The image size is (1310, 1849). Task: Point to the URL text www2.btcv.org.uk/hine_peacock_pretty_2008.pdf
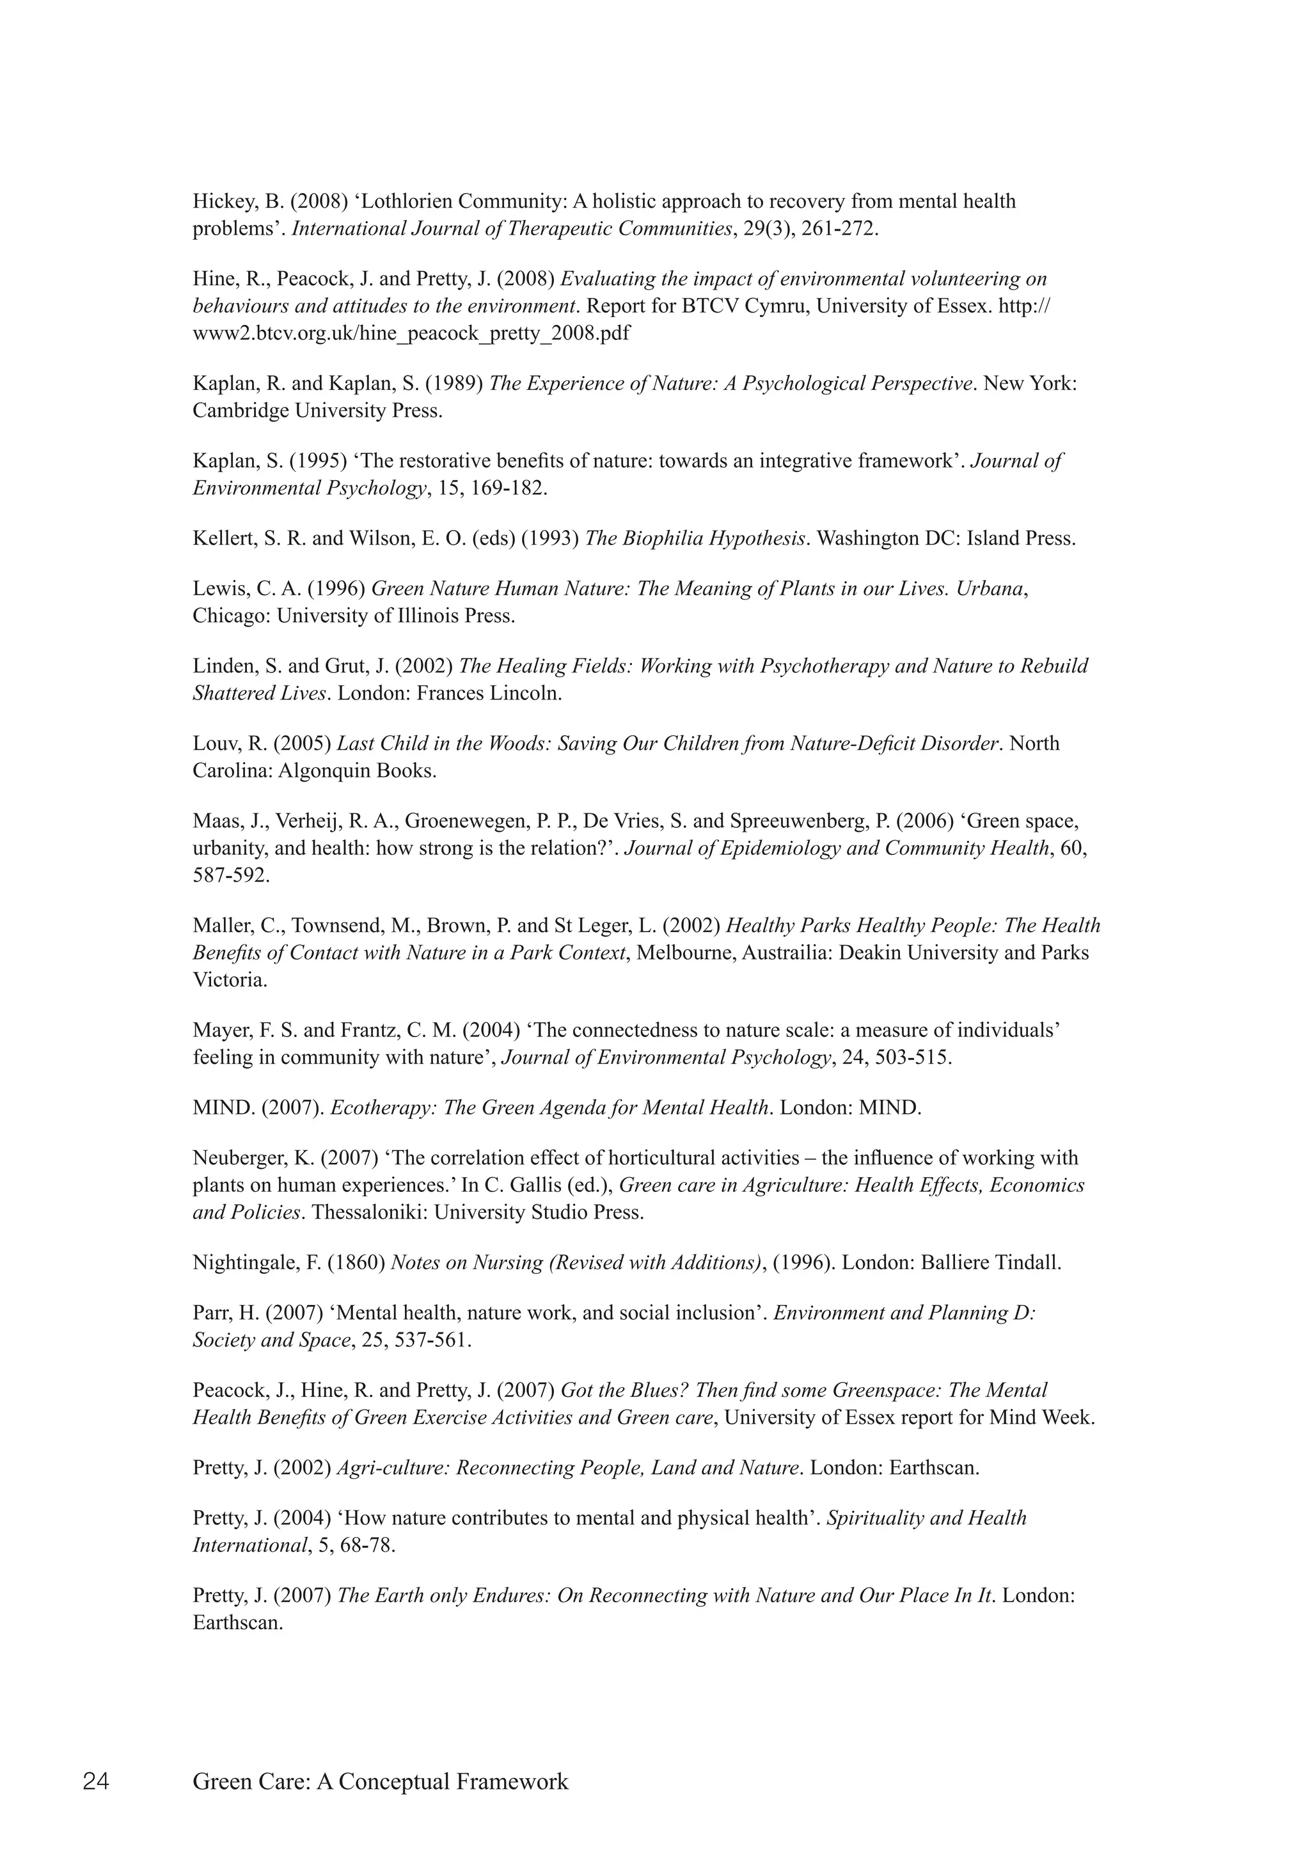(x=411, y=334)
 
